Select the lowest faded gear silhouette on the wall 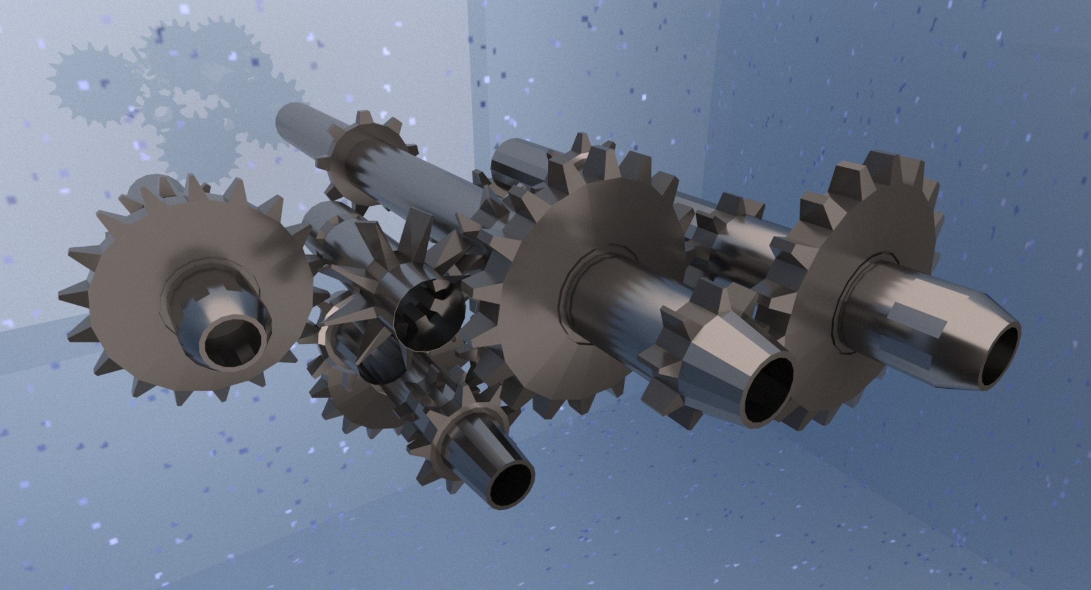point(199,148)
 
